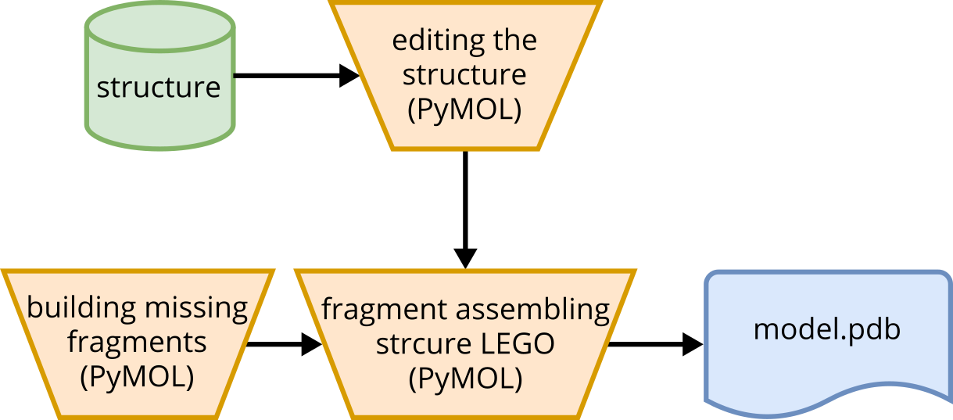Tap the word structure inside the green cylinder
159,87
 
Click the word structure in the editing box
464,75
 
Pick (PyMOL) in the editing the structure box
464,109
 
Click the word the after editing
515,41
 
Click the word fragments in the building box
138,342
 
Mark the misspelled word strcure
420,344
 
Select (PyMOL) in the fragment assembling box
465,379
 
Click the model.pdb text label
827,329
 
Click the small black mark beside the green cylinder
235,77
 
